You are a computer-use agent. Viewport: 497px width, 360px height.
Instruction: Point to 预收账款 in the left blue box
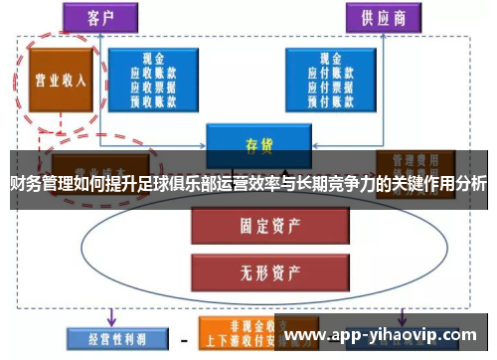[x=154, y=100]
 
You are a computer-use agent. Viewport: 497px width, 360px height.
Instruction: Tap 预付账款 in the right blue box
[x=332, y=100]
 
